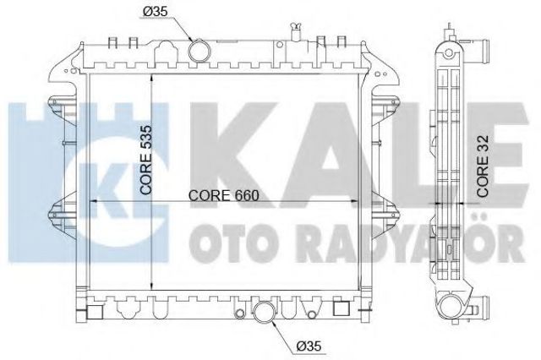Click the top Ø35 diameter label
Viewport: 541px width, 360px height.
[155, 12]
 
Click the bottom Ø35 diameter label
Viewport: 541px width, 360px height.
[309, 346]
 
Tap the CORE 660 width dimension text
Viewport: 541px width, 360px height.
[223, 195]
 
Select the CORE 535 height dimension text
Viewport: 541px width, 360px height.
[146, 160]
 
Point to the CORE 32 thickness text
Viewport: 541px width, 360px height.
[483, 166]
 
